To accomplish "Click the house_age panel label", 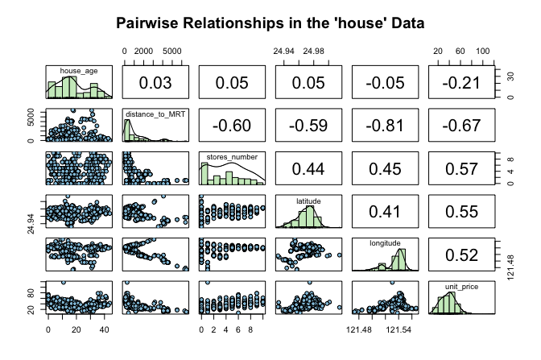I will pyautogui.click(x=78, y=71).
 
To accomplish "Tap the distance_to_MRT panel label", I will pyautogui.click(x=155, y=114).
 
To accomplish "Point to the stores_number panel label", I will pyautogui.click(x=232, y=156).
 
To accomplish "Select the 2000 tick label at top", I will pyautogui.click(x=144, y=52).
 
